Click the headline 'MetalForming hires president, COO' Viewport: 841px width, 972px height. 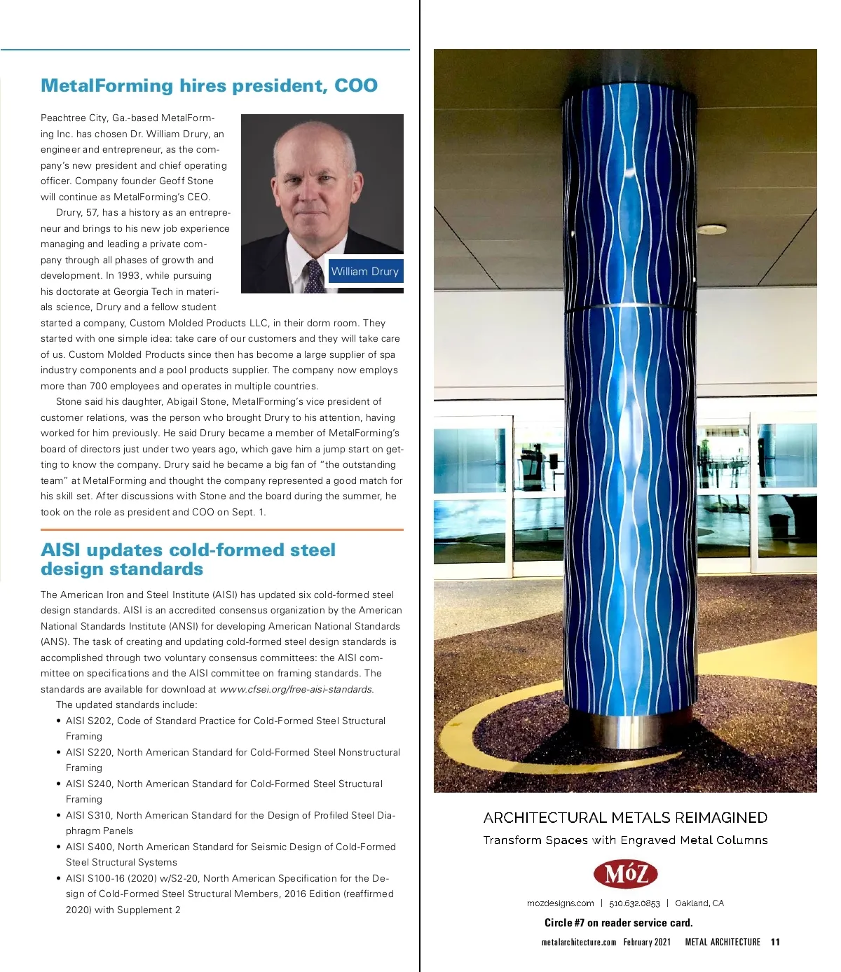[x=209, y=85]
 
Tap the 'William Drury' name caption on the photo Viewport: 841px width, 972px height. [x=364, y=272]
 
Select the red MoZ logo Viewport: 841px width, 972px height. [x=625, y=874]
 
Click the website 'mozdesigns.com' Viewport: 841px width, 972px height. [x=560, y=903]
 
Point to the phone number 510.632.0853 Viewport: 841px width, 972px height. [x=634, y=903]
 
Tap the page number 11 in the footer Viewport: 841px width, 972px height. [x=775, y=942]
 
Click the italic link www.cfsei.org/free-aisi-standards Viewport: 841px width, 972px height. [x=296, y=689]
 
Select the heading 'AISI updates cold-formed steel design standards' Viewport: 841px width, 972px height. [x=188, y=559]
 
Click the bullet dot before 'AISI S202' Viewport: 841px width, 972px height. [x=58, y=721]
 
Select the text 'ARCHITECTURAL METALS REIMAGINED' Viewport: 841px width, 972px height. [x=625, y=817]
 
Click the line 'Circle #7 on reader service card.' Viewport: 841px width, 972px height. [x=618, y=922]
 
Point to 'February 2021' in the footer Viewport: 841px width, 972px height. [x=647, y=942]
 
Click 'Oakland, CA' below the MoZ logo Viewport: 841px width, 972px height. [x=699, y=903]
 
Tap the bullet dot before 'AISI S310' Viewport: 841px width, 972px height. [x=58, y=815]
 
